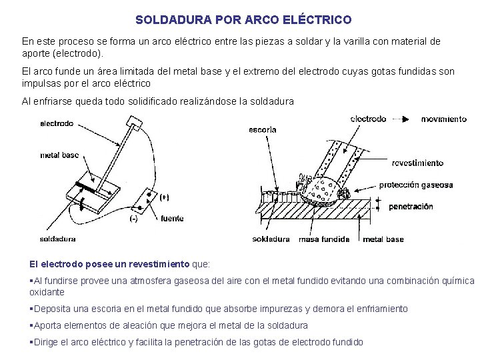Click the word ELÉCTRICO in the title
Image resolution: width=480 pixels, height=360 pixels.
pyautogui.click(x=317, y=20)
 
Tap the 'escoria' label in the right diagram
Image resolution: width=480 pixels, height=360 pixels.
pyautogui.click(x=262, y=129)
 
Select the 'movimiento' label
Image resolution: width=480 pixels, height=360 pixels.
pyautogui.click(x=443, y=119)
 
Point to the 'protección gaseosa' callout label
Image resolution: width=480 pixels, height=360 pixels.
pyautogui.click(x=416, y=185)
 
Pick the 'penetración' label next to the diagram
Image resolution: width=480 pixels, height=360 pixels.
pyautogui.click(x=411, y=207)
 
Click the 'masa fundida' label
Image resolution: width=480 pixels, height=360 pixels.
pyautogui.click(x=324, y=239)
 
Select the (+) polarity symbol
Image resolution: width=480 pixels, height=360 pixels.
pyautogui.click(x=164, y=197)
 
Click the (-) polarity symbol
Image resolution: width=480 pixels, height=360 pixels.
pyautogui.click(x=133, y=219)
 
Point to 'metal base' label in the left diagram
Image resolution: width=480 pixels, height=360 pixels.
pyautogui.click(x=59, y=155)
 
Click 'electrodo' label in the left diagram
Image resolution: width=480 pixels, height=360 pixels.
pyautogui.click(x=57, y=123)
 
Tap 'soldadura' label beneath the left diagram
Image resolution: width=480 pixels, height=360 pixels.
pyautogui.click(x=58, y=239)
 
